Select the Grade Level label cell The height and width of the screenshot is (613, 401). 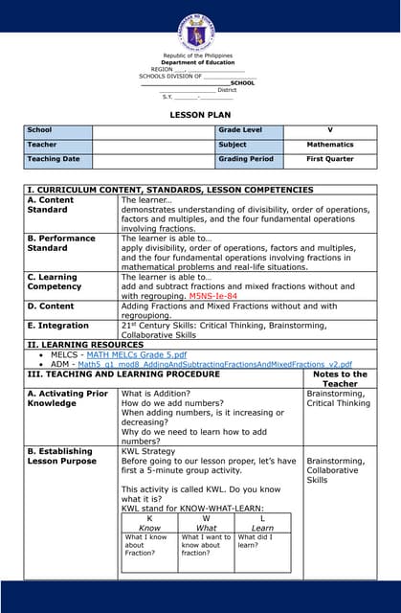[239, 129]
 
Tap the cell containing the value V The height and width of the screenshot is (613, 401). [329, 129]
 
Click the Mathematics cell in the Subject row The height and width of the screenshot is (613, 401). [329, 145]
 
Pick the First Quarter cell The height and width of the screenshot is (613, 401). [329, 159]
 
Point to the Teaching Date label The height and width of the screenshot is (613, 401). [54, 159]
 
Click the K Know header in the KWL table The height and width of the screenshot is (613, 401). [149, 522]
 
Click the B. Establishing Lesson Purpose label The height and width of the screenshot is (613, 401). [60, 456]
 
